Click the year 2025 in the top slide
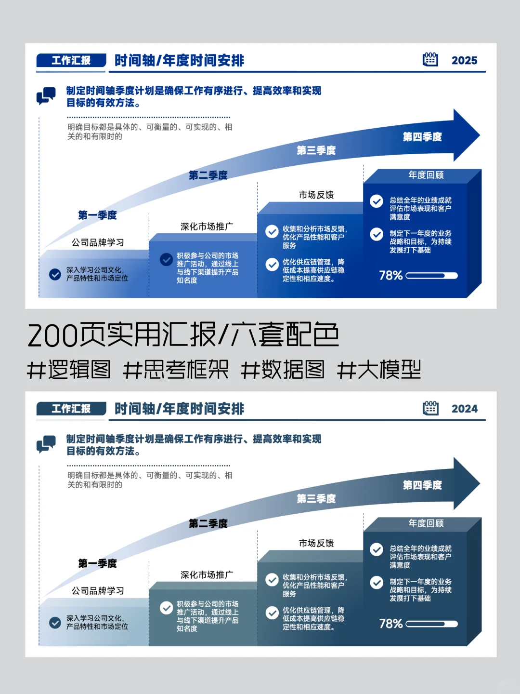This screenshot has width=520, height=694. click(464, 60)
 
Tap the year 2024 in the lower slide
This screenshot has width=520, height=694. click(464, 409)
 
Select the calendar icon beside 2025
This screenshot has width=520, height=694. click(430, 59)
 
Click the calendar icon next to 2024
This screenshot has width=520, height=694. click(430, 408)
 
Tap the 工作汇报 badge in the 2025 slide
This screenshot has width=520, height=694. click(71, 60)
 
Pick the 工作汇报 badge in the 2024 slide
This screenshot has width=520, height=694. click(71, 409)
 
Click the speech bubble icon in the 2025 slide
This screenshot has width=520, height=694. click(46, 96)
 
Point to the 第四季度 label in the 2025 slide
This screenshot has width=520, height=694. click(422, 137)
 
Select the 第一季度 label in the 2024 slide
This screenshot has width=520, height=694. click(97, 563)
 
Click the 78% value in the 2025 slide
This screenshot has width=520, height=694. click(390, 275)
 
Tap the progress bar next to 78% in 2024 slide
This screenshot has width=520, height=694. click(431, 624)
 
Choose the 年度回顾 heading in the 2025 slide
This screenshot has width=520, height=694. click(426, 175)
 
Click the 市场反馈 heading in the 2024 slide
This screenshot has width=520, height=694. click(316, 543)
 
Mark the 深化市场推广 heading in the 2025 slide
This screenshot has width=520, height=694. click(207, 227)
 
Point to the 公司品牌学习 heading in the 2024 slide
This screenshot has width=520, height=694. click(98, 591)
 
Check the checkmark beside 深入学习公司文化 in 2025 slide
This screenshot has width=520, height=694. click(55, 274)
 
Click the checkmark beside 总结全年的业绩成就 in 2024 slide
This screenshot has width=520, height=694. click(377, 549)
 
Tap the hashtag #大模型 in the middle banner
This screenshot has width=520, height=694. click(379, 370)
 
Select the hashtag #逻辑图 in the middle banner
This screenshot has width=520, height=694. click(69, 370)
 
